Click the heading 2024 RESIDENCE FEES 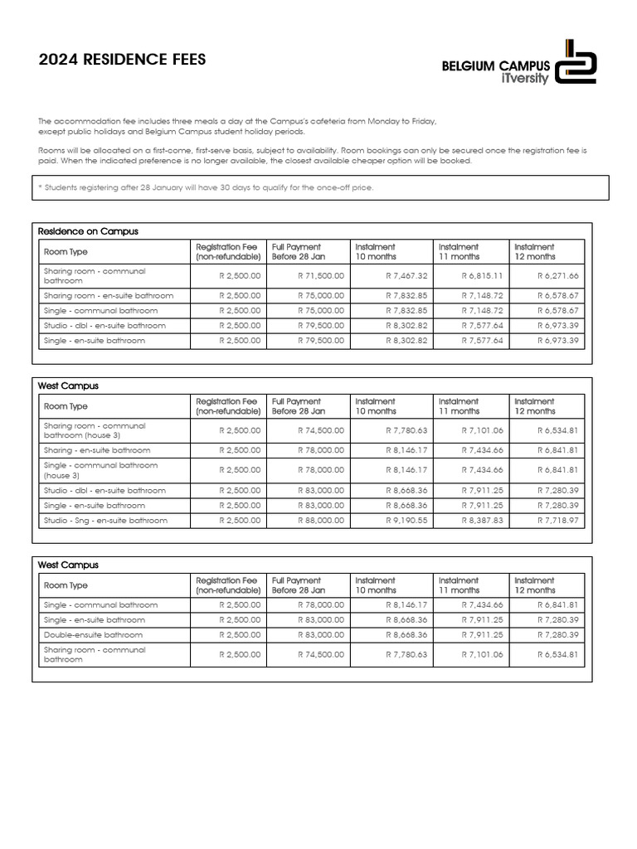pyautogui.click(x=122, y=60)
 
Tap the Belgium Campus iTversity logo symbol pyautogui.click(x=576, y=61)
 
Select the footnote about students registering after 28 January pyautogui.click(x=207, y=187)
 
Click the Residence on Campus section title pyautogui.click(x=88, y=231)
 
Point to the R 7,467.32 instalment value pyautogui.click(x=406, y=275)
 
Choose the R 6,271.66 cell pyautogui.click(x=558, y=275)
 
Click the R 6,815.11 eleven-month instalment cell pyautogui.click(x=482, y=275)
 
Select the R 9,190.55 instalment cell pyautogui.click(x=406, y=521)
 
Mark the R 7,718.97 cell pyautogui.click(x=558, y=521)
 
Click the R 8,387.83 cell pyautogui.click(x=482, y=521)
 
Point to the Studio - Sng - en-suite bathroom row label pyautogui.click(x=105, y=521)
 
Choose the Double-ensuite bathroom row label pyautogui.click(x=93, y=635)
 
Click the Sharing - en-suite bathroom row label pyautogui.click(x=97, y=450)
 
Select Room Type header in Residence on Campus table pyautogui.click(x=66, y=252)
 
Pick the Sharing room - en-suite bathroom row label pyautogui.click(x=109, y=295)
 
